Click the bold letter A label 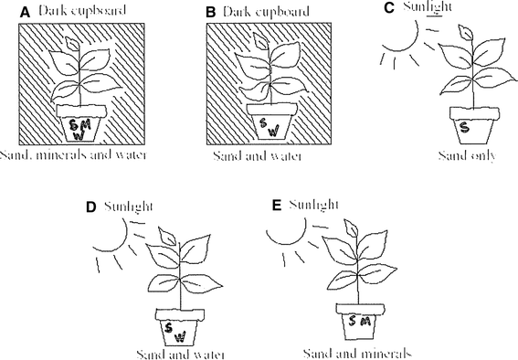coord(25,13)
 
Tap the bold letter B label coord(210,13)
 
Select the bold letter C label coord(389,8)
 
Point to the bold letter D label coord(90,207)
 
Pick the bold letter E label coord(276,205)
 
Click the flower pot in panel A coord(81,123)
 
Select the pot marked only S coord(474,125)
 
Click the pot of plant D coord(180,327)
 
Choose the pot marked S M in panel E coord(361,322)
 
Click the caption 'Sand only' coord(467,155)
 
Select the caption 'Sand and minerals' coord(357,354)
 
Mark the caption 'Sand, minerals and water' coord(73,155)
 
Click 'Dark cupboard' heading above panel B coord(266,12)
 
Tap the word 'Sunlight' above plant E coord(314,205)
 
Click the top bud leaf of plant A coord(73,43)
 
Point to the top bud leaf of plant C coord(466,32)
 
